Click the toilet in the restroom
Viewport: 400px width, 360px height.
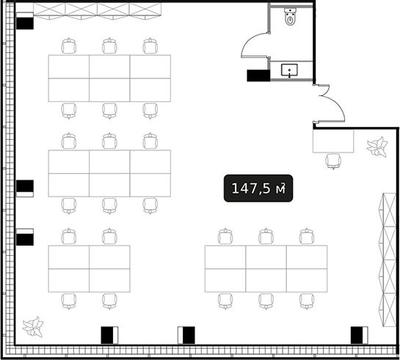pyautogui.click(x=290, y=17)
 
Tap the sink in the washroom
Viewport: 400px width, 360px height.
pyautogui.click(x=289, y=70)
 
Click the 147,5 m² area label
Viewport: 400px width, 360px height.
pyautogui.click(x=258, y=188)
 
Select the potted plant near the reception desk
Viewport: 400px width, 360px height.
pyautogui.click(x=377, y=147)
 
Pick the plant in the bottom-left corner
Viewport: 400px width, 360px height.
pyautogui.click(x=33, y=327)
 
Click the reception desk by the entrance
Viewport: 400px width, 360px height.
pyautogui.click(x=333, y=142)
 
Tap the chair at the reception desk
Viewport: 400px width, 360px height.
pyautogui.click(x=333, y=161)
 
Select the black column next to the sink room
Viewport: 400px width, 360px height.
pyautogui.click(x=258, y=76)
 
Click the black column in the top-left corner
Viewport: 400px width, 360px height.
pyautogui.click(x=25, y=23)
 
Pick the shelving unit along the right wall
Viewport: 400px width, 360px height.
pyautogui.click(x=388, y=260)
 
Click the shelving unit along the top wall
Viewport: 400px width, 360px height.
pyautogui.click(x=97, y=11)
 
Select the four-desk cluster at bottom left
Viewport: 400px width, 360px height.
pyautogui.click(x=89, y=268)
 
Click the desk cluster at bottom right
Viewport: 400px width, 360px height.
pyautogui.click(x=266, y=268)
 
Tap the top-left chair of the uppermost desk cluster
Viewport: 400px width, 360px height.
pyautogui.click(x=69, y=46)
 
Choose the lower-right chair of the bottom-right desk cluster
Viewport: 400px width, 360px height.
pyautogui.click(x=307, y=301)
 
